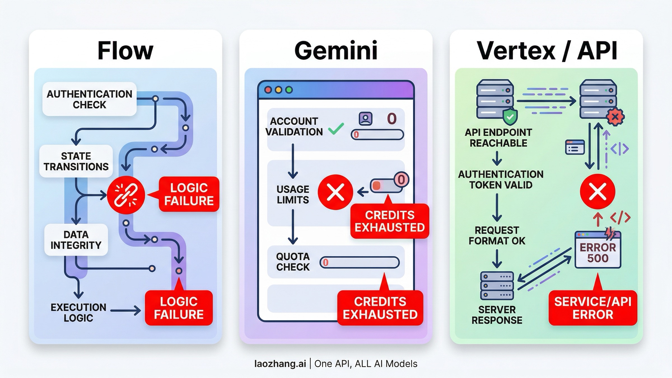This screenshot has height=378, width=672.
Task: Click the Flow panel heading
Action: click(125, 51)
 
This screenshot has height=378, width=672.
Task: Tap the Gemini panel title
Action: click(336, 51)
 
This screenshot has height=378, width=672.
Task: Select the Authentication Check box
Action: click(89, 99)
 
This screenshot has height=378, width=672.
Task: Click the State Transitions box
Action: click(76, 161)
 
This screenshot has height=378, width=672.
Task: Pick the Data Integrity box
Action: click(76, 240)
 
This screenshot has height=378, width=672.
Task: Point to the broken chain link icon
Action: click(126, 195)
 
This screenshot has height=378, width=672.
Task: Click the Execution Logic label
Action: click(78, 312)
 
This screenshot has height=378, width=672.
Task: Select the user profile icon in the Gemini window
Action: click(365, 119)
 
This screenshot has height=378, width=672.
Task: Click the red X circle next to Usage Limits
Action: click(335, 192)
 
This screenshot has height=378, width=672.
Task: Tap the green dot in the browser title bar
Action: click(289, 90)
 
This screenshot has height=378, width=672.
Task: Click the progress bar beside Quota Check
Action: click(360, 263)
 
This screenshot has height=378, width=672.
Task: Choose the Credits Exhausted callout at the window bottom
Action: click(380, 308)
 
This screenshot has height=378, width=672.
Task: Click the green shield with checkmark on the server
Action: click(510, 117)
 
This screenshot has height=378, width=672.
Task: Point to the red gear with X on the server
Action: click(615, 117)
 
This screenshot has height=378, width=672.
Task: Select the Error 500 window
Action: click(598, 250)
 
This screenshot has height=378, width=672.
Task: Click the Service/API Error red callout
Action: click(593, 308)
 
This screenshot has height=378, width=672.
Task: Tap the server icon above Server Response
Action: click(497, 286)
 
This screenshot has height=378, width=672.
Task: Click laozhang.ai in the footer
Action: click(280, 364)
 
